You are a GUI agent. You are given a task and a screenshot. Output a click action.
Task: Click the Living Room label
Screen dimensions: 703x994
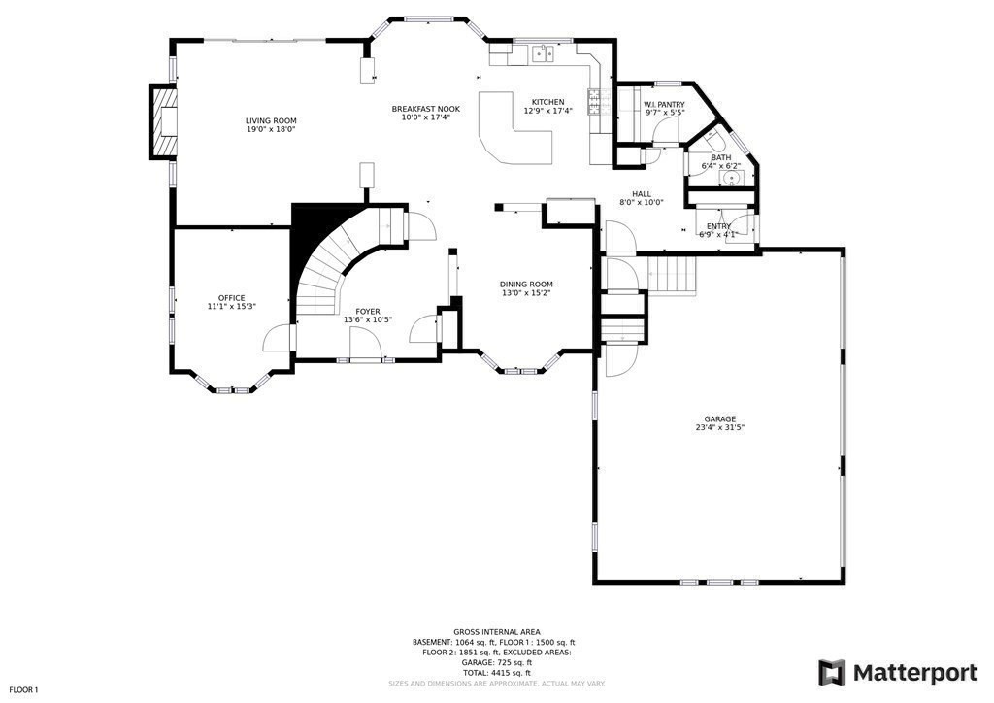(270, 120)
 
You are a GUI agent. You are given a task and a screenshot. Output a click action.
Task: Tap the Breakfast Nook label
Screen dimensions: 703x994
(425, 109)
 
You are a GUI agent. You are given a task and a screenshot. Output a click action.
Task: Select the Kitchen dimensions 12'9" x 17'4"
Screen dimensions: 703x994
(547, 111)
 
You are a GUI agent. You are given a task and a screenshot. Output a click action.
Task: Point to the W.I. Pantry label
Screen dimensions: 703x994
(664, 104)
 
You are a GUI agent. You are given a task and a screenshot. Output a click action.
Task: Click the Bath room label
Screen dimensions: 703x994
(720, 157)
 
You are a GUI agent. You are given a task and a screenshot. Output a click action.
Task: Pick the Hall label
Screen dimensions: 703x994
(641, 193)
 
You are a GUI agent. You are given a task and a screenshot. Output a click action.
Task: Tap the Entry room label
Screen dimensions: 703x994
(718, 226)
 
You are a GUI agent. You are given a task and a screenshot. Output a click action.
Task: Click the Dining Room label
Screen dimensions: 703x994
(526, 285)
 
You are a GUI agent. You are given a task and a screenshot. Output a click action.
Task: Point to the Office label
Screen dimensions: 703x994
(231, 298)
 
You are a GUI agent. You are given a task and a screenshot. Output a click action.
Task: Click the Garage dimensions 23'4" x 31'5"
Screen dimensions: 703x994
(719, 427)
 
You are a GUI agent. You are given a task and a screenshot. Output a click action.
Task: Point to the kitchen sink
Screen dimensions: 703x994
(542, 54)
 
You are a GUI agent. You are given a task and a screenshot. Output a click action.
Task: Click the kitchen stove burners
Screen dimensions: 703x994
(595, 102)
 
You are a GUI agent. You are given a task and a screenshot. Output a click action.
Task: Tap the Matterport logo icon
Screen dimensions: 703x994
(832, 673)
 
